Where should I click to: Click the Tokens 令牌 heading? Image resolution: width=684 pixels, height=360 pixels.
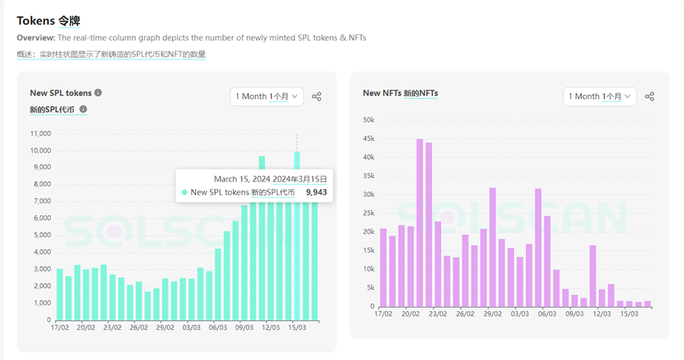click(x=48, y=21)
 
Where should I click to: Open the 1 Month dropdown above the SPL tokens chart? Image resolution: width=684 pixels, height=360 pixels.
click(x=267, y=96)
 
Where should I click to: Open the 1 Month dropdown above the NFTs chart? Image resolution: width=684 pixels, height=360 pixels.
click(x=600, y=96)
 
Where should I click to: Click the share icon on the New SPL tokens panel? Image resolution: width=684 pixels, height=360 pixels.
click(x=316, y=97)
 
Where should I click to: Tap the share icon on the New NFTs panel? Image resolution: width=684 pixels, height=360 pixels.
click(x=649, y=97)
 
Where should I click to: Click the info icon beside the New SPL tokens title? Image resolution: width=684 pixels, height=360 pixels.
click(x=98, y=93)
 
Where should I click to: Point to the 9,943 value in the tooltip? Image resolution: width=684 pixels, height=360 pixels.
click(x=316, y=192)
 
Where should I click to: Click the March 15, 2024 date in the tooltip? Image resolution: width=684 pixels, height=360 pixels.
click(x=242, y=179)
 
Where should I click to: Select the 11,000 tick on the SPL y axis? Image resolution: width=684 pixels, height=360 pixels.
click(x=40, y=135)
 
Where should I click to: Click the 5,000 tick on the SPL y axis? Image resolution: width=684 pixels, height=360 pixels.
click(x=42, y=235)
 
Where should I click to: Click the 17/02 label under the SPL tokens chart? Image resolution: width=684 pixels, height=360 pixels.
click(x=59, y=327)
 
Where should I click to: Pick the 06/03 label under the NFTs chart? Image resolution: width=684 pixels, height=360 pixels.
click(x=546, y=313)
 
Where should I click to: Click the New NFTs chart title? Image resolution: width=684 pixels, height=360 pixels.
click(x=399, y=93)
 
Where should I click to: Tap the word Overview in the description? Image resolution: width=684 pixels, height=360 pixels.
click(x=36, y=38)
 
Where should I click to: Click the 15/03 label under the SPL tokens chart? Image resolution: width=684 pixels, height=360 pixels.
click(x=297, y=327)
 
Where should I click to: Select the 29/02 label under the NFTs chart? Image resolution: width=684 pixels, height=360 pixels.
click(x=493, y=313)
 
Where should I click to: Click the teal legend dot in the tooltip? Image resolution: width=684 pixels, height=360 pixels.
click(x=184, y=192)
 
